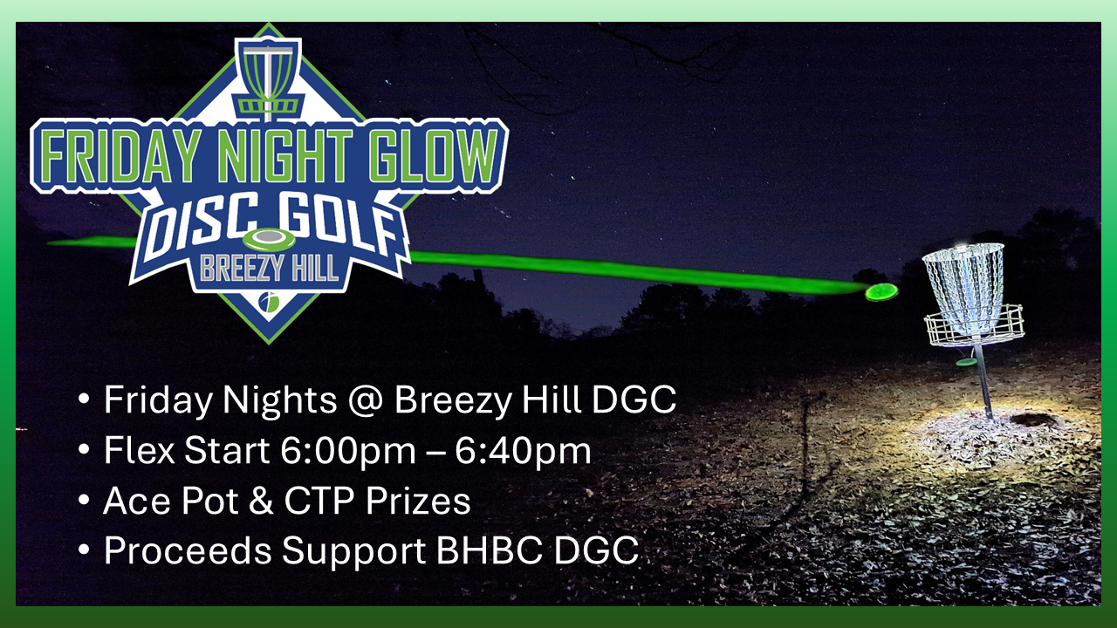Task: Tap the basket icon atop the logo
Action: pos(269,78)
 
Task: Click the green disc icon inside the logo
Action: pos(269,239)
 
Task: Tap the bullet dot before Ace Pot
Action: pos(83,502)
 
